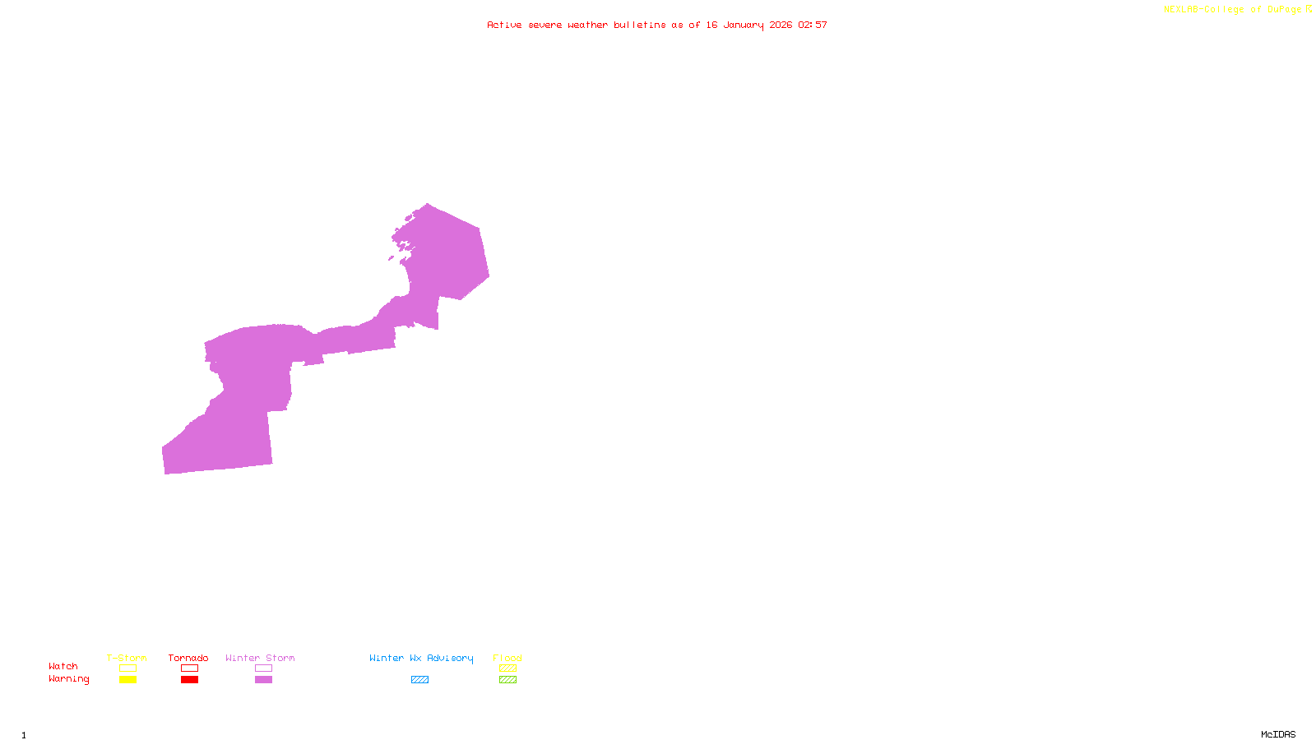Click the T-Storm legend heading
[127, 658]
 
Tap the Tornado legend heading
[188, 658]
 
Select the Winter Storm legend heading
[260, 658]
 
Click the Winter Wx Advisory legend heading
[421, 658]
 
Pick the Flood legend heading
[507, 658]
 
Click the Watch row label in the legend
[63, 666]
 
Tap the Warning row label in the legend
[69, 679]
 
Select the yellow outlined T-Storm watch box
[127, 668]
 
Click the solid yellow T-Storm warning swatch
[127, 680]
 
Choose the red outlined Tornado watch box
[189, 668]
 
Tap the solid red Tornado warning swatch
[189, 680]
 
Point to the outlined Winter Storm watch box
[263, 668]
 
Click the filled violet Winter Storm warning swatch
[263, 680]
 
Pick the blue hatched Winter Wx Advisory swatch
[419, 680]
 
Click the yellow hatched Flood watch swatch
[507, 668]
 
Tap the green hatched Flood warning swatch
[507, 680]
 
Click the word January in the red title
[744, 25]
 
